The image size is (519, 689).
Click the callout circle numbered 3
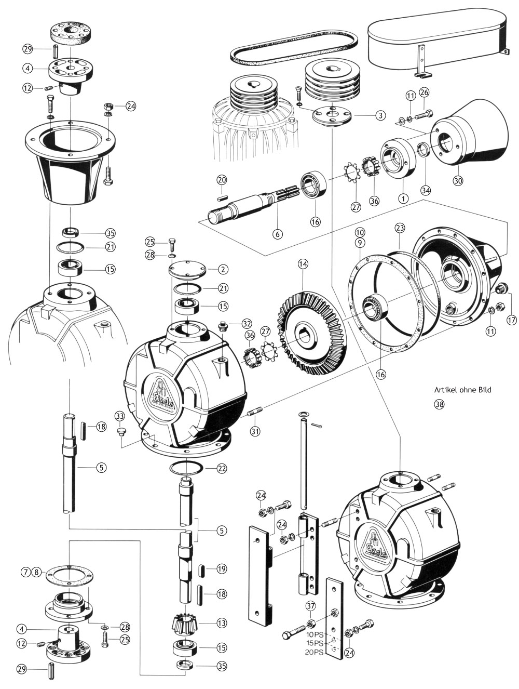381,115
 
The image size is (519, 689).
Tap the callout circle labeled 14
303,263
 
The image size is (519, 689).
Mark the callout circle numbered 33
120,416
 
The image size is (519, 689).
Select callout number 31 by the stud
255,431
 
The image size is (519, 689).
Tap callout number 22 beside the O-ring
222,468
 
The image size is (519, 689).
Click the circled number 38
439,405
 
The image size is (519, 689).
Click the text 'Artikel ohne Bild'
462,389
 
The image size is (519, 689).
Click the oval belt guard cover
436,42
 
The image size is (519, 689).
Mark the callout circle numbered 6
278,234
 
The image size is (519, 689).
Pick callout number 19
222,569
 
